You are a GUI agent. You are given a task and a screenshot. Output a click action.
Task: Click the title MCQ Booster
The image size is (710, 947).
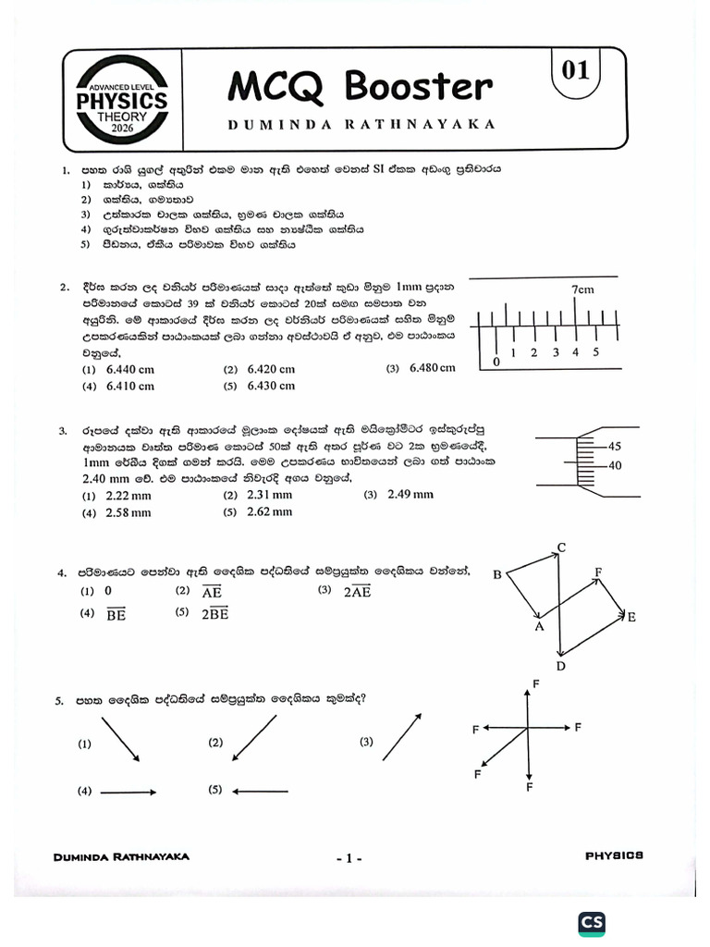pyautogui.click(x=360, y=86)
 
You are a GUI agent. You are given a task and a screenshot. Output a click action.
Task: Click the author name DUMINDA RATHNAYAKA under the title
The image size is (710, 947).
pyautogui.click(x=360, y=123)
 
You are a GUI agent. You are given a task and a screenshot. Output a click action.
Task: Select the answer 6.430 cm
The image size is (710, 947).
pyautogui.click(x=271, y=386)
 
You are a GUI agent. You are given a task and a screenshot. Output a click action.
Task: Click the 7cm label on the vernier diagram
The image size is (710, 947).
pyautogui.click(x=581, y=289)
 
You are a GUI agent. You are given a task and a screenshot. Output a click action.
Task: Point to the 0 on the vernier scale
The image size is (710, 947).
pyautogui.click(x=496, y=363)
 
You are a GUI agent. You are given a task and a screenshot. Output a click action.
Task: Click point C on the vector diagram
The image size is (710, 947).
pyautogui.click(x=561, y=548)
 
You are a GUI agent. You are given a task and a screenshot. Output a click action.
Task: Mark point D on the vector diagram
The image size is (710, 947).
pyautogui.click(x=560, y=666)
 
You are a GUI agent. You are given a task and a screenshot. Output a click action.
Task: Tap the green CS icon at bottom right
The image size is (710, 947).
pyautogui.click(x=592, y=923)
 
